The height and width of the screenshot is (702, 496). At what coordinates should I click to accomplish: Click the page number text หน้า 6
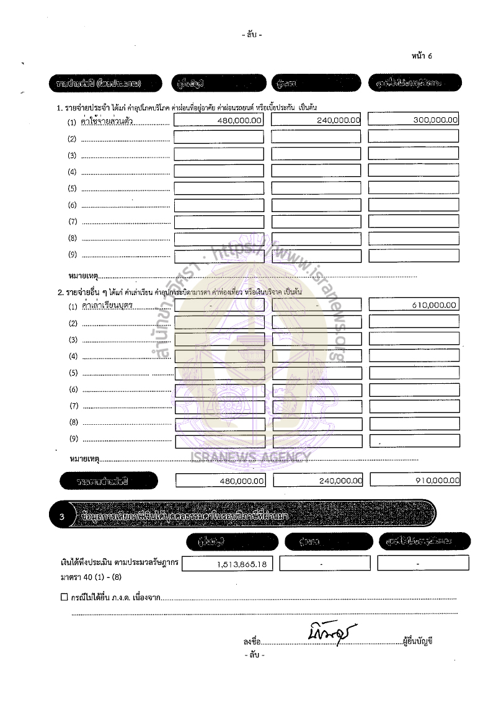(x=422, y=56)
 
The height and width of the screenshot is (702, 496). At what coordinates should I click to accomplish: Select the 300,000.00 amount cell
(x=435, y=120)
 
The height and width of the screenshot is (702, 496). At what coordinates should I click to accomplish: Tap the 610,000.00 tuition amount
(x=434, y=304)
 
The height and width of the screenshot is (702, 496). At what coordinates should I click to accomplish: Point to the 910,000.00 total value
(x=436, y=480)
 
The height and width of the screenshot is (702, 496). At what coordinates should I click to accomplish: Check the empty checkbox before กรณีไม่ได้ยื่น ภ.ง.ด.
(x=64, y=597)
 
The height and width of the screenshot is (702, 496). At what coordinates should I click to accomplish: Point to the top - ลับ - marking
(x=252, y=35)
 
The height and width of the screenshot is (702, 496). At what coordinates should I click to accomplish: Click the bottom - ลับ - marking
(x=254, y=655)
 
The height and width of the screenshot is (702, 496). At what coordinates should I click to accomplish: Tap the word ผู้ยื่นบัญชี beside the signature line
(x=417, y=641)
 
